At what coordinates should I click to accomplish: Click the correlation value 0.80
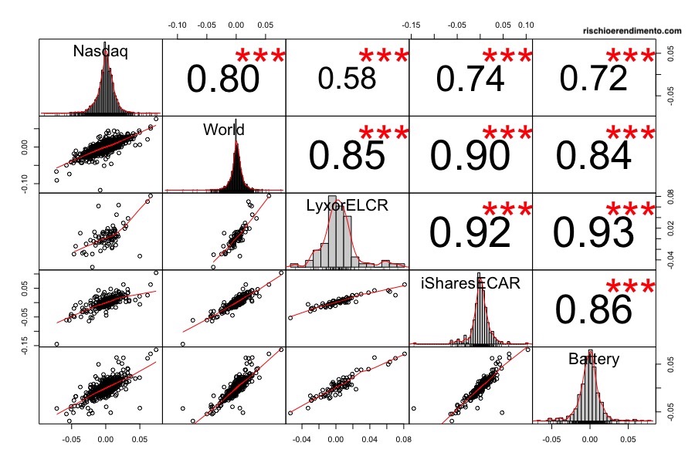click(222, 79)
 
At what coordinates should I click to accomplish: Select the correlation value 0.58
click(347, 79)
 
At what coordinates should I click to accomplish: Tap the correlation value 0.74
click(470, 79)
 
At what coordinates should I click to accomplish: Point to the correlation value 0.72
click(593, 79)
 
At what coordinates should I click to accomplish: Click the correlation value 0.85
click(347, 156)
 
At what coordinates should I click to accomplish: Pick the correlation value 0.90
click(470, 156)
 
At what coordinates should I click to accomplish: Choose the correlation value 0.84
click(593, 156)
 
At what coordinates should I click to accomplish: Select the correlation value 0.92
click(470, 232)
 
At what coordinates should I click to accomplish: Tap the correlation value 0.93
click(593, 232)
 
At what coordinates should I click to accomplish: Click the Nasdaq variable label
click(100, 52)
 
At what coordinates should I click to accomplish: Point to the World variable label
click(224, 130)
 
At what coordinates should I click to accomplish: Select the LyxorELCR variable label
click(347, 206)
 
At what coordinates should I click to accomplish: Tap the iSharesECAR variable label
click(470, 283)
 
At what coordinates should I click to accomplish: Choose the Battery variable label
click(593, 359)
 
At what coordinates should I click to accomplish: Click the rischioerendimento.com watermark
click(633, 31)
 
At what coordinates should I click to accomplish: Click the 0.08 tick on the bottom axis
click(402, 438)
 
